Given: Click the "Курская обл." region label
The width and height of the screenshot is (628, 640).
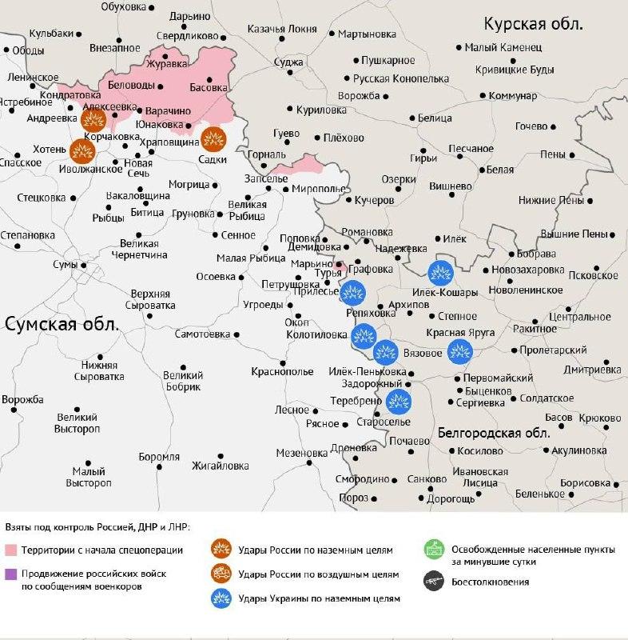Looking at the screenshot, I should point(534,22).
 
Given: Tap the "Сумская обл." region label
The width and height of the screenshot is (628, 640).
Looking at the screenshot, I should point(62,324).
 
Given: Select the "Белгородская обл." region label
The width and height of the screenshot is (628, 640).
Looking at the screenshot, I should point(494,433).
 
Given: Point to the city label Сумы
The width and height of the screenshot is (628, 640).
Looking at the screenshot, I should point(66,264).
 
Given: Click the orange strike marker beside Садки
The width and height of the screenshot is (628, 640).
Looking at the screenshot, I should point(213,140).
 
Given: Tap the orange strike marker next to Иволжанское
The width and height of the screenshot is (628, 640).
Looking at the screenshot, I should point(81,150).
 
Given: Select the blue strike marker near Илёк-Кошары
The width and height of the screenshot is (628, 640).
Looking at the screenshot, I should point(439,273).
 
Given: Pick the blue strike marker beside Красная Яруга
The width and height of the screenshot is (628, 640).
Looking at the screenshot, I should point(459,350).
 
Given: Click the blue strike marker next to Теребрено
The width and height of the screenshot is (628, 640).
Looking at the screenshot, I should point(398,402).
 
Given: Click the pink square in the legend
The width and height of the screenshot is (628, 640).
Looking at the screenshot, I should point(10,550).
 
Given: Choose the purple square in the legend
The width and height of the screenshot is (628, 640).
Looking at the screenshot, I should point(10,574).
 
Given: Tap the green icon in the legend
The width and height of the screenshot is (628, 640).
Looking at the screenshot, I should point(435,550).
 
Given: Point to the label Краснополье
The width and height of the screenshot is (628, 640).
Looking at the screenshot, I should point(282,371).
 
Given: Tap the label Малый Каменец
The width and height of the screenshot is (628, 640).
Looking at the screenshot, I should point(503,48).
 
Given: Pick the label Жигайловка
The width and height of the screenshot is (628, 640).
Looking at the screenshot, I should point(221,466).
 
